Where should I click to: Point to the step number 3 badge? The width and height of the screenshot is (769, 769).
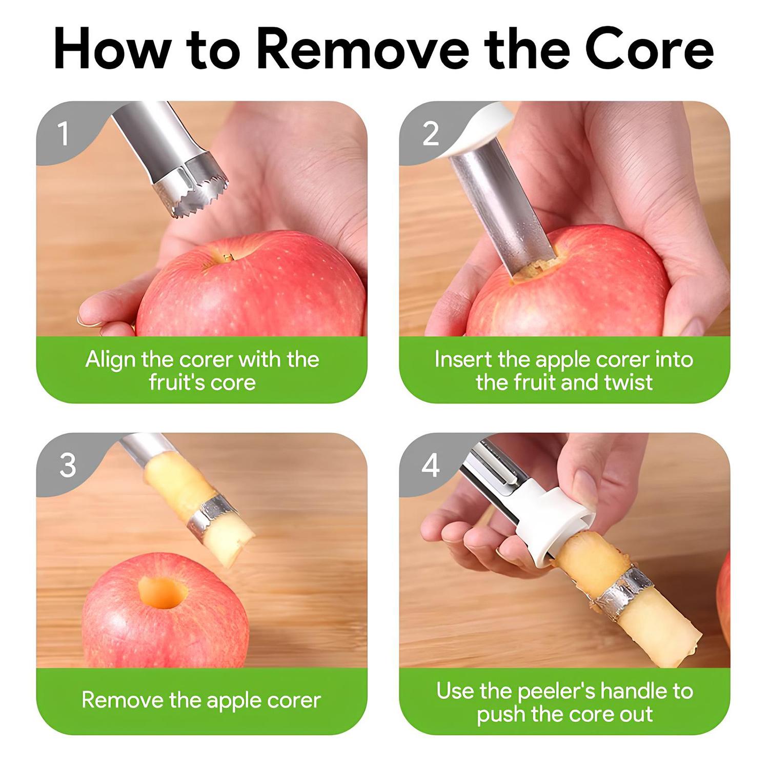click(67, 465)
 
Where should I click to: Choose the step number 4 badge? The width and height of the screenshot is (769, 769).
click(430, 465)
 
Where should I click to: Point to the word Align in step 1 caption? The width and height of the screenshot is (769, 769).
click(111, 359)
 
